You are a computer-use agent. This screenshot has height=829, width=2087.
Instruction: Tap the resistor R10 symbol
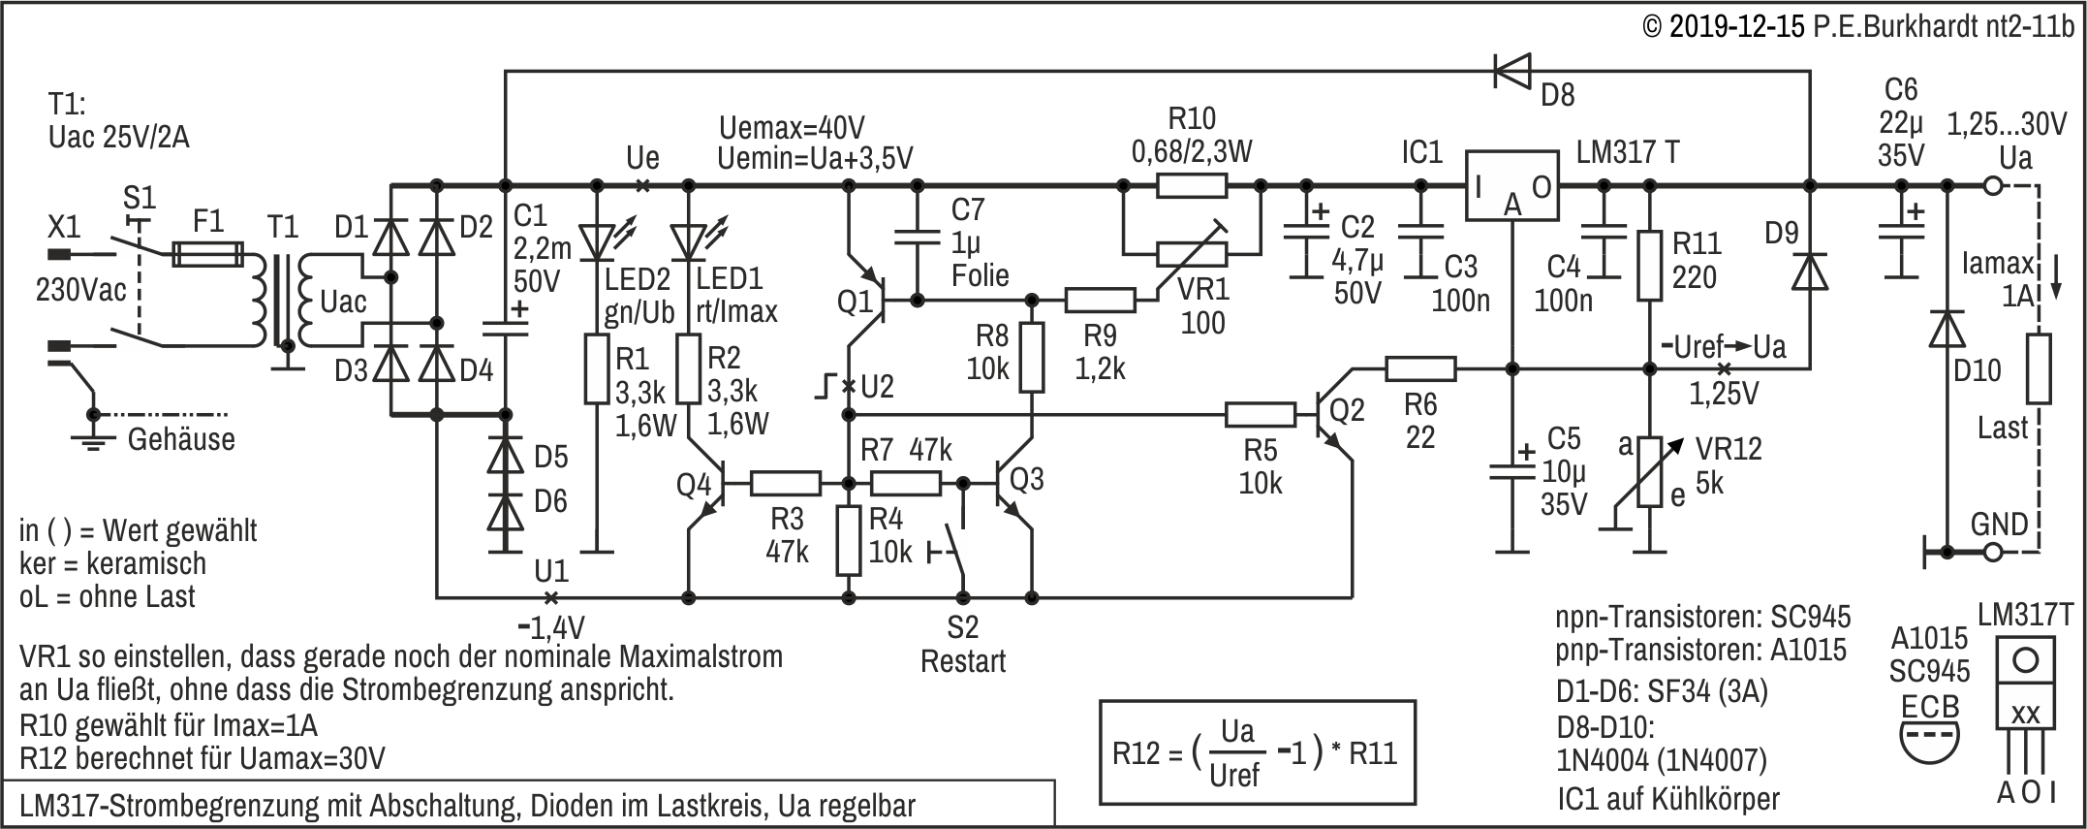[x=1192, y=185]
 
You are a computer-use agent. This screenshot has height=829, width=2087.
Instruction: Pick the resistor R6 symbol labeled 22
[x=1420, y=368]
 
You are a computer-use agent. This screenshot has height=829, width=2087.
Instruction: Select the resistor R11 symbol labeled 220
[x=1648, y=264]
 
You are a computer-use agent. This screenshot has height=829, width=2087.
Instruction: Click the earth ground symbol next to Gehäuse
[x=93, y=441]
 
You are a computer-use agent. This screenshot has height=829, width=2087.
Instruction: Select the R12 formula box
[x=1258, y=752]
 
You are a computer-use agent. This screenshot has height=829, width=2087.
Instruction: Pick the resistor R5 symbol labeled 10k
[x=1260, y=415]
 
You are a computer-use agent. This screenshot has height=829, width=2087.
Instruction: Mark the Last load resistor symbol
[x=2039, y=368]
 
